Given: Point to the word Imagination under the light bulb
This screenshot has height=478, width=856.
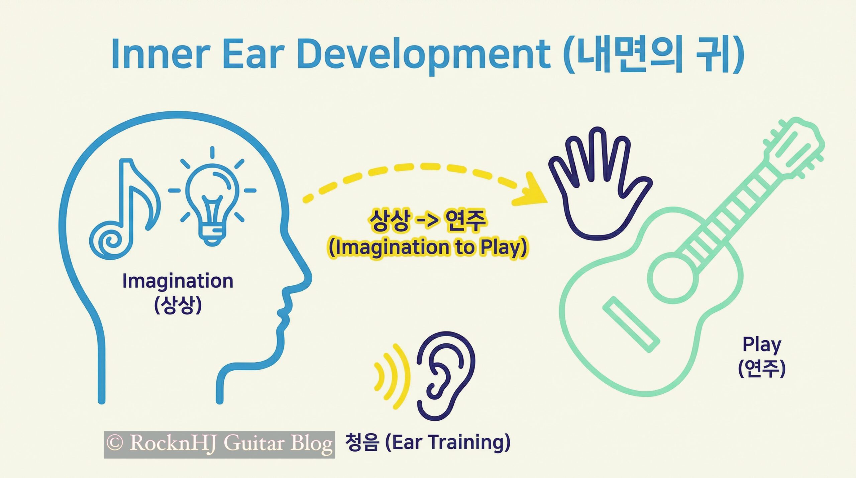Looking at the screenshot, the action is click(178, 281).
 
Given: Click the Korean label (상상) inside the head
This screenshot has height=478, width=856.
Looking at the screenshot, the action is click(178, 305).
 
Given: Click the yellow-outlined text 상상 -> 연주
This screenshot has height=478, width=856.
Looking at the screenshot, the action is click(427, 220).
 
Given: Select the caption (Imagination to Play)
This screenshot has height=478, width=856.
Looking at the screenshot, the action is click(428, 248).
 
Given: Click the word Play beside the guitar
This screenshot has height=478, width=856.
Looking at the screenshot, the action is click(762, 345).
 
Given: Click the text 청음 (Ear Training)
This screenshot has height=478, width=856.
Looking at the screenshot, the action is click(428, 443).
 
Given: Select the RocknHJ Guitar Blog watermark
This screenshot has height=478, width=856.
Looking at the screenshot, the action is click(219, 445).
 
